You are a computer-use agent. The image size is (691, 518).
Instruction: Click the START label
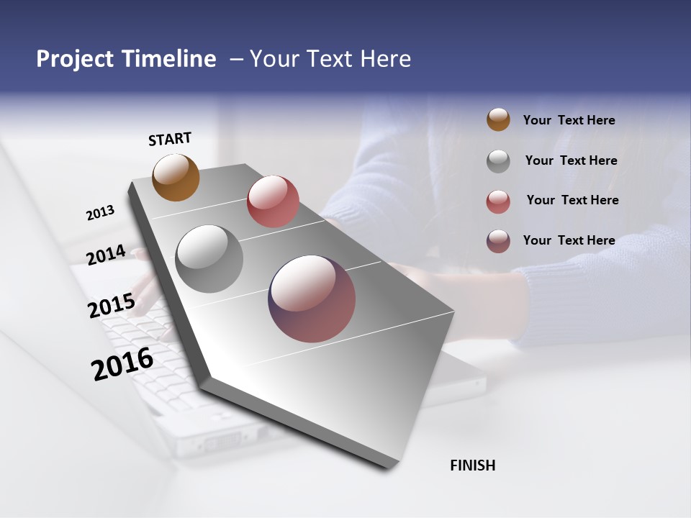pyautogui.click(x=170, y=139)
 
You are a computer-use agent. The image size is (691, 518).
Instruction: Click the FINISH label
pyautogui.click(x=472, y=465)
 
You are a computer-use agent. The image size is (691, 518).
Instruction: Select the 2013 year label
pyautogui.click(x=100, y=213)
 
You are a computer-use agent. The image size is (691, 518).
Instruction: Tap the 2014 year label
pyautogui.click(x=107, y=255)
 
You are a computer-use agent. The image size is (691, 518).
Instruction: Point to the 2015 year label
pyautogui.click(x=112, y=306)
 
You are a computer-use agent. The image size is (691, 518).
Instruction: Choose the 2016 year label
pyautogui.click(x=122, y=363)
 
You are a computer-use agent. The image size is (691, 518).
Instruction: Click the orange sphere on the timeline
pyautogui.click(x=176, y=177)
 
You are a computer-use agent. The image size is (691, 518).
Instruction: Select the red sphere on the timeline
pyautogui.click(x=273, y=201)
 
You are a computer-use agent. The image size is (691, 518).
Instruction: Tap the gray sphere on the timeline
pyautogui.click(x=209, y=259)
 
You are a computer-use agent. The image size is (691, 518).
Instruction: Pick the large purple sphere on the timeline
pyautogui.click(x=312, y=299)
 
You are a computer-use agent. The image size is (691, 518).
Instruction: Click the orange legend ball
pyautogui.click(x=498, y=119)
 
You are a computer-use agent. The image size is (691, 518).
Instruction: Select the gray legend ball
pyautogui.click(x=498, y=161)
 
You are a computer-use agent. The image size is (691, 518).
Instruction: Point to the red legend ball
pyautogui.click(x=498, y=201)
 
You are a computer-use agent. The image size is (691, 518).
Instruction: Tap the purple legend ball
pyautogui.click(x=498, y=241)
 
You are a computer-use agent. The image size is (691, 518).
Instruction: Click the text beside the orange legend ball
pyautogui.click(x=569, y=120)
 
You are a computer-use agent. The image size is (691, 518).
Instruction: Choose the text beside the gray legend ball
pyautogui.click(x=571, y=160)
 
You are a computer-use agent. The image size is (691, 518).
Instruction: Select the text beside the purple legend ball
pyautogui.click(x=569, y=240)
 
